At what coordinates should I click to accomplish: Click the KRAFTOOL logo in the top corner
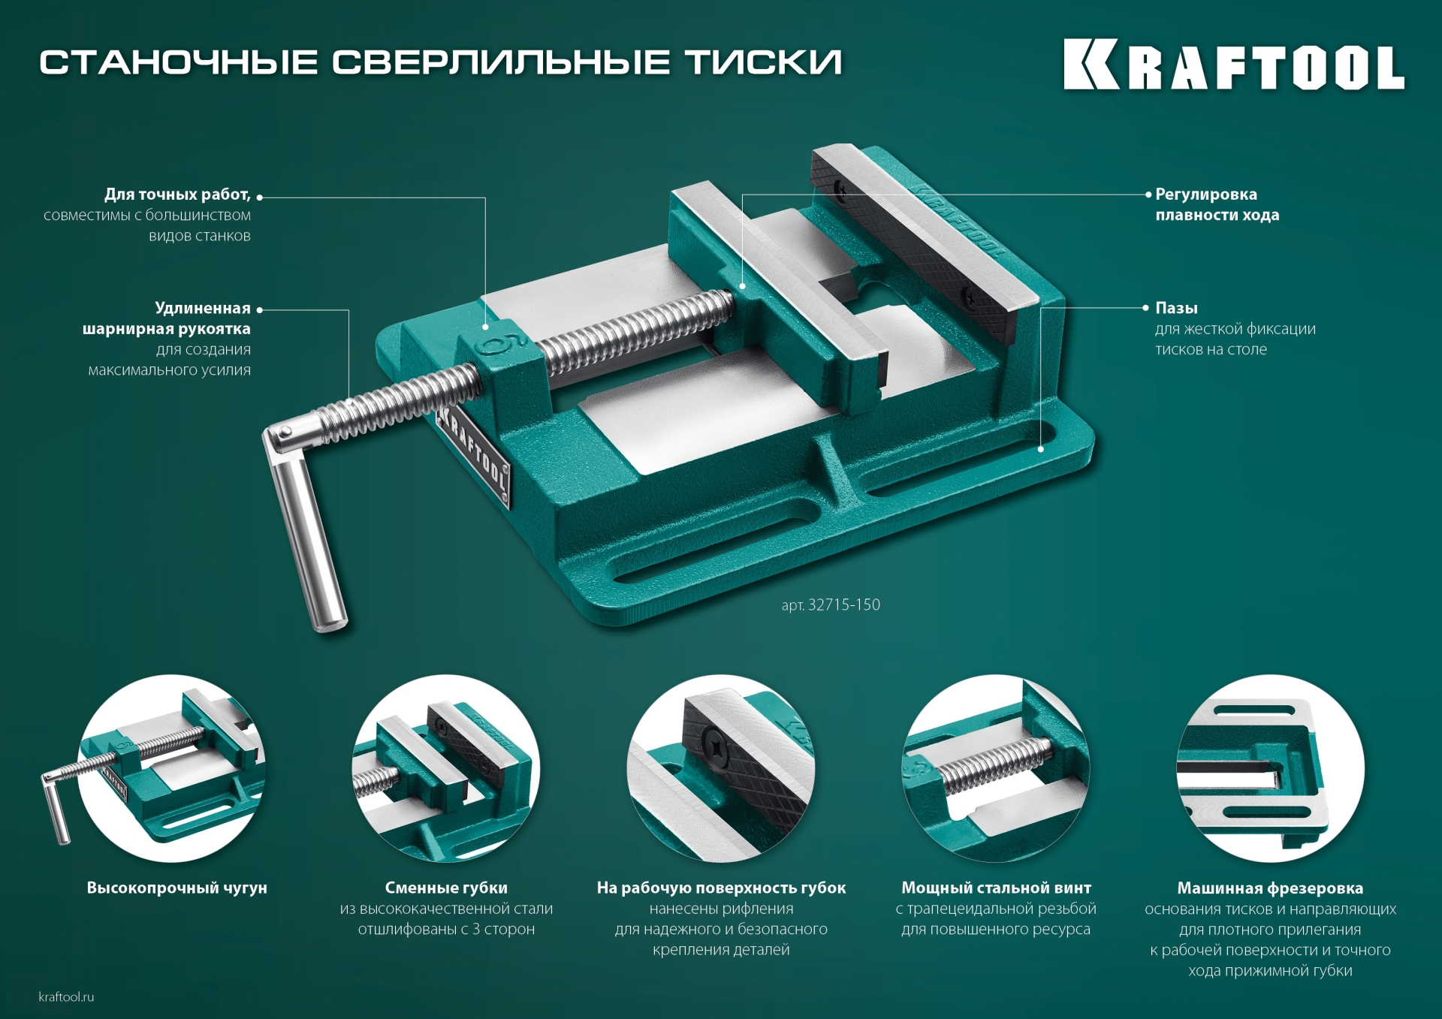(x=1233, y=65)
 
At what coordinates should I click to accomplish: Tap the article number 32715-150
(x=843, y=605)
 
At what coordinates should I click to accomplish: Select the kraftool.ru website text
(x=66, y=997)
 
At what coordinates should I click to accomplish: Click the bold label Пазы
(x=1176, y=308)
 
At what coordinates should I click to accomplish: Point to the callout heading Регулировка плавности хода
(x=1217, y=204)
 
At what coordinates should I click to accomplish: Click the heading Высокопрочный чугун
(x=176, y=888)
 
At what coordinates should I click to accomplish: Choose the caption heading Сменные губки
(x=446, y=888)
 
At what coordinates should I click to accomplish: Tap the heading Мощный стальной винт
(x=996, y=888)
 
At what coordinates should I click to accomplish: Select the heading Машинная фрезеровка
(x=1269, y=888)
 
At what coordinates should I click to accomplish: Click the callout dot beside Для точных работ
(x=260, y=197)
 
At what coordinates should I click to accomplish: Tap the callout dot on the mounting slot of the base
(x=1041, y=449)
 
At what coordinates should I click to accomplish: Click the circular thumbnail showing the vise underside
(x=1269, y=767)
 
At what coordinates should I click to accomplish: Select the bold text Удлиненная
(x=203, y=308)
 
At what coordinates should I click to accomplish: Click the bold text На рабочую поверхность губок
(x=721, y=888)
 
